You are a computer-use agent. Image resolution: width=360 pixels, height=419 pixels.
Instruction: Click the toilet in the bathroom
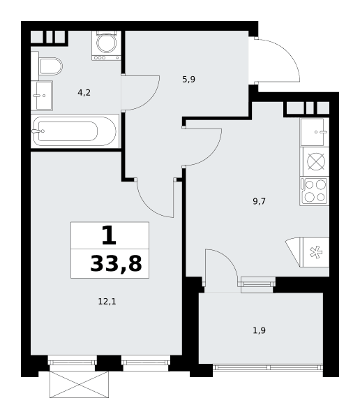point(47,66)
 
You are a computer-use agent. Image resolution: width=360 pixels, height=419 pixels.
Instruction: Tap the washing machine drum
point(106,43)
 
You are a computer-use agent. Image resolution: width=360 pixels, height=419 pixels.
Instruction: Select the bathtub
point(75,131)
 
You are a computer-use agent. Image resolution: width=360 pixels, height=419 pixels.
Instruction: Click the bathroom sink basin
point(42,96)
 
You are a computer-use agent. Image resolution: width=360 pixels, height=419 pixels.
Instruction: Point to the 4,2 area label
point(84,93)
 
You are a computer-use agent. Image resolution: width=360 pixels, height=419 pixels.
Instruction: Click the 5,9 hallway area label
point(189,80)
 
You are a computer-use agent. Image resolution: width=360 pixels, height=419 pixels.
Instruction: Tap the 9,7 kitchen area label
point(259,201)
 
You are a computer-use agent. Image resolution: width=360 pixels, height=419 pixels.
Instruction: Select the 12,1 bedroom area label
point(107,302)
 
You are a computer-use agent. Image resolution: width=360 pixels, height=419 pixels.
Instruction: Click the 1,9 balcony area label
point(259,330)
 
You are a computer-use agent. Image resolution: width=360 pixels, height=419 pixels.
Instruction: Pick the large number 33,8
point(116,263)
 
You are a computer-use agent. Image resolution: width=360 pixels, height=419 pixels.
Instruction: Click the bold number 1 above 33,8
point(110,235)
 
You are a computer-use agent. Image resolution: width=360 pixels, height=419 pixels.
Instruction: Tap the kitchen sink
point(315,132)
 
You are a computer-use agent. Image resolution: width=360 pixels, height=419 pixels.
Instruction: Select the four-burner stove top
point(315,191)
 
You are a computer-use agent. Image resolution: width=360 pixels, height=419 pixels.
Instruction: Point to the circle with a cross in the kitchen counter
point(316,161)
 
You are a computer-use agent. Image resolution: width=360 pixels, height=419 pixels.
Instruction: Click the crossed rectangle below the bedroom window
point(80,384)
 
